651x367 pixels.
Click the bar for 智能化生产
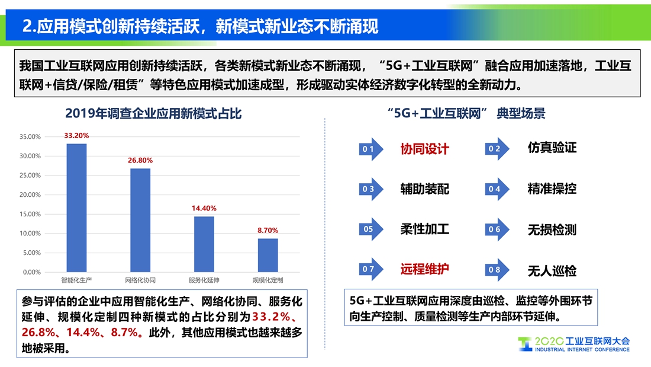click(76, 208)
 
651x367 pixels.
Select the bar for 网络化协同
click(140, 220)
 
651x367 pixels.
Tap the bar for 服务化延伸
click(204, 244)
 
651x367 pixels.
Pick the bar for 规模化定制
click(268, 255)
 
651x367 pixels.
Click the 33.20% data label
click(76, 136)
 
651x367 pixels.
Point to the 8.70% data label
click(268, 231)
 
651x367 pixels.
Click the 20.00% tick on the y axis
click(30, 194)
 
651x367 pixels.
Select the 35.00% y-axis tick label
click(30, 136)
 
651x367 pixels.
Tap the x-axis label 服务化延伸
click(204, 280)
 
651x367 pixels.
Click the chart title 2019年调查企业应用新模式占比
click(153, 114)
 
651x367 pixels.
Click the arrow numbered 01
click(371, 149)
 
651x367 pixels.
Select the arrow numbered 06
click(497, 229)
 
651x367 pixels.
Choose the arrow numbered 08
click(497, 270)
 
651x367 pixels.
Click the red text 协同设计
click(425, 149)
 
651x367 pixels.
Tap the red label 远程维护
click(425, 269)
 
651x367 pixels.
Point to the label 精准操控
click(552, 189)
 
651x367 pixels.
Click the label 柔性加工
click(425, 229)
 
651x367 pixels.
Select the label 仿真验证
click(552, 147)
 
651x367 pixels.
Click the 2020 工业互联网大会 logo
click(574, 344)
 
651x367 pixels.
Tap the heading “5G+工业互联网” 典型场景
click(466, 113)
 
